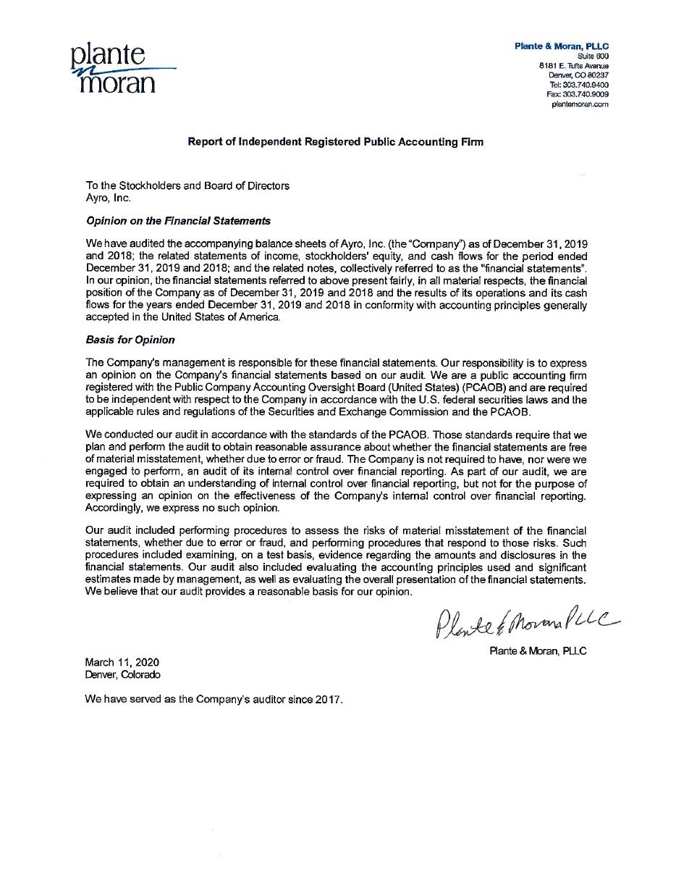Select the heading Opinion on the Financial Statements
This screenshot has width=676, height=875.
pyautogui.click(x=178, y=221)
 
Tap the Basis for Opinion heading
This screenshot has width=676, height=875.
pyautogui.click(x=130, y=339)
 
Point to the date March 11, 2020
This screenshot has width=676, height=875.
pyautogui.click(x=122, y=662)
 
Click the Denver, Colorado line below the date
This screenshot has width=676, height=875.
pyautogui.click(x=122, y=674)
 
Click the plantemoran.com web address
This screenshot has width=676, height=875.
pyautogui.click(x=580, y=104)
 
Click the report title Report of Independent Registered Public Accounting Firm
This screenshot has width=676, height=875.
pyautogui.click(x=336, y=142)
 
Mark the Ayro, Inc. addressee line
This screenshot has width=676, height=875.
pyautogui.click(x=109, y=197)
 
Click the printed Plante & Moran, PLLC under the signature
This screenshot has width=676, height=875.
pyautogui.click(x=538, y=651)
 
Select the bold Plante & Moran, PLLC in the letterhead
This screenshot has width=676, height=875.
pyautogui.click(x=562, y=46)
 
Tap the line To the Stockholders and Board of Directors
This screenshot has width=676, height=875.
pyautogui.click(x=187, y=185)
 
